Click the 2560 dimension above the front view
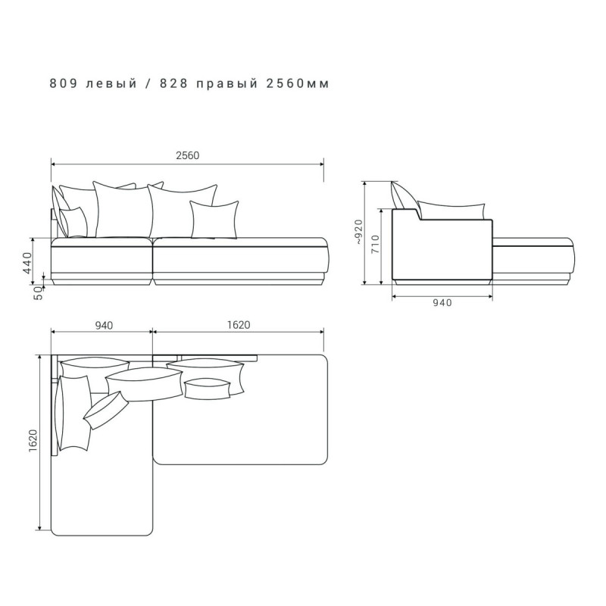pos(187,155)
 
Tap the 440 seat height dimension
pos(28,263)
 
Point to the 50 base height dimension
pos(38,293)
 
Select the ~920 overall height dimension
pos(358,232)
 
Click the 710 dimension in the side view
pos(375,244)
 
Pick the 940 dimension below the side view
pos(442,302)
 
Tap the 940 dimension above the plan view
pos(104,326)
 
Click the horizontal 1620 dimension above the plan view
pos(239,325)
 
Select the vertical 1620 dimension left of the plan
pos(33,441)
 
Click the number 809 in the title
pos(63,83)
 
